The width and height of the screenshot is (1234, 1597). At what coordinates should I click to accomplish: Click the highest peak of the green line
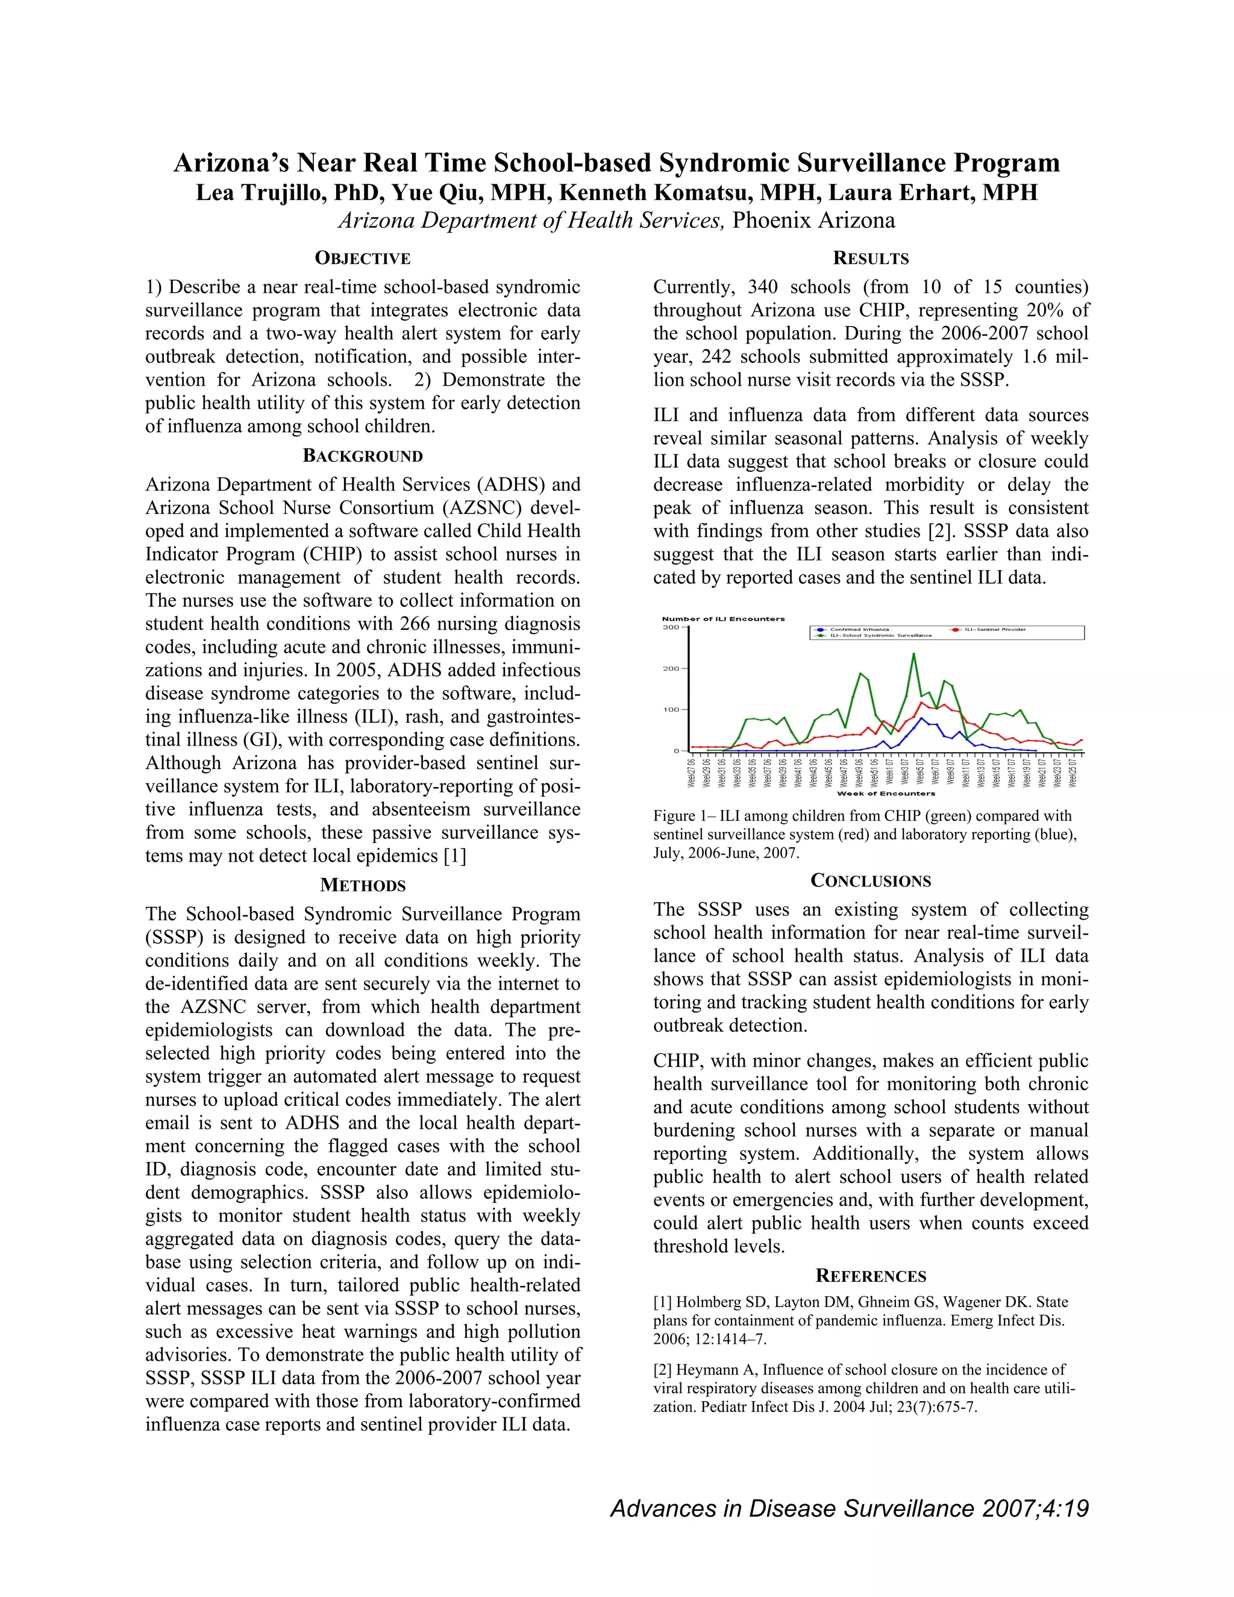click(913, 654)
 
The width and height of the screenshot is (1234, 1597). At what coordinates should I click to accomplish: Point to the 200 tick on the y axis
click(671, 668)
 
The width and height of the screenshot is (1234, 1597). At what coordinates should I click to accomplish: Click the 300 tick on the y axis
click(671, 627)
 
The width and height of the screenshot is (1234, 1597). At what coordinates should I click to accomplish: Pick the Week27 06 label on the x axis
click(692, 772)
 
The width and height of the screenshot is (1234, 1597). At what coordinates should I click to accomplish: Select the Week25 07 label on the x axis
click(1073, 772)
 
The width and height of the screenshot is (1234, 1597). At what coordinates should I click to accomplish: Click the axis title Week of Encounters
click(886, 794)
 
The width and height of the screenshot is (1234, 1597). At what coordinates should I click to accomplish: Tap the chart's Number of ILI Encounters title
click(723, 619)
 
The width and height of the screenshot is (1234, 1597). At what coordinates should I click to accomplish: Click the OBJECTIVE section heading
click(363, 258)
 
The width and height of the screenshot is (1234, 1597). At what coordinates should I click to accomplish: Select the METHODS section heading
click(363, 885)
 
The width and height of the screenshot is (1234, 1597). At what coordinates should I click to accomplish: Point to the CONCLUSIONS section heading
click(871, 881)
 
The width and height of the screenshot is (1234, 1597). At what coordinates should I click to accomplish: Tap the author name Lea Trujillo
click(249, 192)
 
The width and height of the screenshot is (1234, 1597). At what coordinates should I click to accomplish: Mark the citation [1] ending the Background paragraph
click(455, 856)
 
